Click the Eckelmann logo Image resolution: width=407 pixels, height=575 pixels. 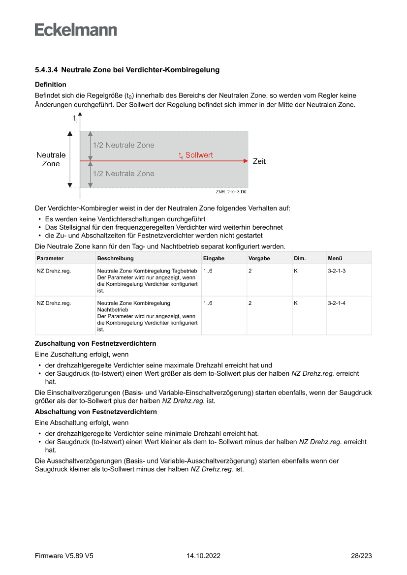76,30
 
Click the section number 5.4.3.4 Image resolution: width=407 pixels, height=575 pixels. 46,70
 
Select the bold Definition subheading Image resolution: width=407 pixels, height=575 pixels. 50,85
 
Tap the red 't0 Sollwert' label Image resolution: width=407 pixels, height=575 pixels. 196,155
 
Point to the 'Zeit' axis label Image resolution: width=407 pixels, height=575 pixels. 259,161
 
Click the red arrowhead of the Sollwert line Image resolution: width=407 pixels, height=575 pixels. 246,161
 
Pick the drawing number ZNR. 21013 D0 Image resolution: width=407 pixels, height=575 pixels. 231,192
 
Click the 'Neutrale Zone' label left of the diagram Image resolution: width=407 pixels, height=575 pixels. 51,159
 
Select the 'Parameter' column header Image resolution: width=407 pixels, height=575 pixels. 50,258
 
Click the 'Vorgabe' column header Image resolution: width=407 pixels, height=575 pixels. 259,258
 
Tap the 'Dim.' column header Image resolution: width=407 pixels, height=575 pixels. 300,258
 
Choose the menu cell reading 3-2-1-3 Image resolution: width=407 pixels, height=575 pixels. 337,271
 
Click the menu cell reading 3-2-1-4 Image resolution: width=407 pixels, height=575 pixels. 337,303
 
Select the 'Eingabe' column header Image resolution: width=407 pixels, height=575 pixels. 214,258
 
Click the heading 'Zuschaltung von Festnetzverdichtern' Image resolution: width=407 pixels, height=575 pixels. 95,343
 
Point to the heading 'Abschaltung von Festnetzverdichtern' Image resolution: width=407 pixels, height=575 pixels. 95,412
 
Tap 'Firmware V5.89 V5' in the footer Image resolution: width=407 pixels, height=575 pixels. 64,556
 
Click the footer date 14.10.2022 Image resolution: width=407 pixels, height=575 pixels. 203,556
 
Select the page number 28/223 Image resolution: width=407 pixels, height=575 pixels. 361,556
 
